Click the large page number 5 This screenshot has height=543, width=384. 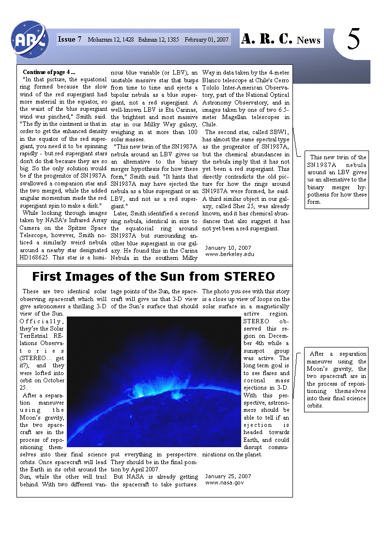pyautogui.click(x=354, y=39)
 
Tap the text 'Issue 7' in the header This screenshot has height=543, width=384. pyautogui.click(x=70, y=39)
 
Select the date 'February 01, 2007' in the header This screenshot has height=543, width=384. pyautogui.click(x=206, y=40)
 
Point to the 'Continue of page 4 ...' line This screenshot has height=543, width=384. pyautogui.click(x=49, y=72)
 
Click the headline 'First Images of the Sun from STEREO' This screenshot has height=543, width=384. pyautogui.click(x=154, y=276)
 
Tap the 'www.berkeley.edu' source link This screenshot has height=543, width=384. pyautogui.click(x=230, y=254)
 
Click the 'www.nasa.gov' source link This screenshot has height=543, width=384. pyautogui.click(x=225, y=483)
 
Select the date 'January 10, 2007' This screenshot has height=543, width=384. pyautogui.click(x=228, y=248)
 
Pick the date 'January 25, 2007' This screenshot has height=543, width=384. pyautogui.click(x=228, y=476)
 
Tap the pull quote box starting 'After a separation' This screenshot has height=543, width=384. pyautogui.click(x=336, y=379)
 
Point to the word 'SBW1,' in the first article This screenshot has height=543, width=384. pyautogui.click(x=277, y=132)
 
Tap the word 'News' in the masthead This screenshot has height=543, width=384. pyautogui.click(x=308, y=40)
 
